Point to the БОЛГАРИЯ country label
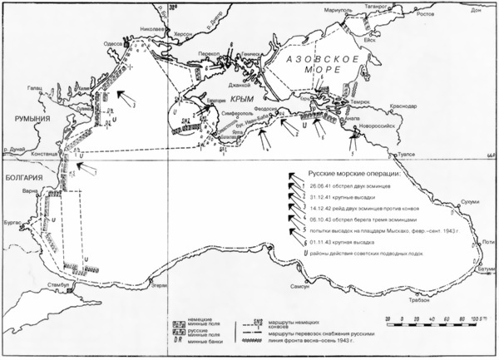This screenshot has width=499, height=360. (x=22, y=178)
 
